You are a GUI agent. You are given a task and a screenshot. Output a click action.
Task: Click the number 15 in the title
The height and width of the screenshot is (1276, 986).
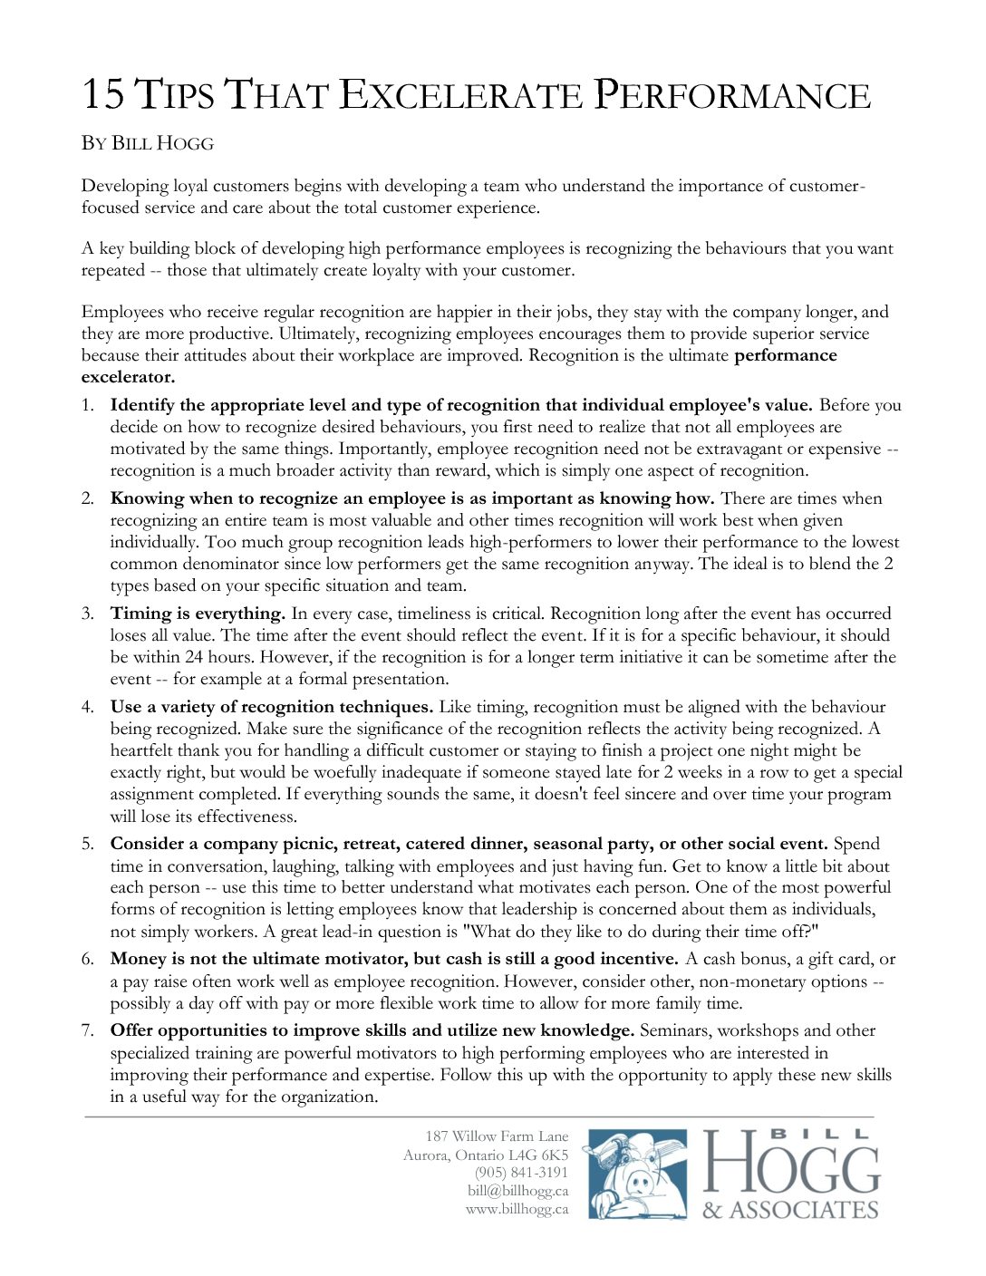click(x=102, y=95)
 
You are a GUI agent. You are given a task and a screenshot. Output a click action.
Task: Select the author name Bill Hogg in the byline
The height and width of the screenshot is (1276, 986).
click(x=162, y=143)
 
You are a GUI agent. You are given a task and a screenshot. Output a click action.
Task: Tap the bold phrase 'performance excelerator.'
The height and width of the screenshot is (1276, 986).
click(x=785, y=355)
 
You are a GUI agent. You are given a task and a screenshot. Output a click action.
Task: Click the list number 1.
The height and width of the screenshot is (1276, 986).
click(x=88, y=405)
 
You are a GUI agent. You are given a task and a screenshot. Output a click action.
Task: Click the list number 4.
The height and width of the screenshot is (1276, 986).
click(x=88, y=707)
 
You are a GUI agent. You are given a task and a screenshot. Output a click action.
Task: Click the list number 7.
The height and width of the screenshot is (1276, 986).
click(x=88, y=1030)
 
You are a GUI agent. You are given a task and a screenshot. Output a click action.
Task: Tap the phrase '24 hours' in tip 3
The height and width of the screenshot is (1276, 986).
click(x=215, y=657)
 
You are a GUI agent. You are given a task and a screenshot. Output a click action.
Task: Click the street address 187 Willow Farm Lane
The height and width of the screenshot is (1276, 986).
click(x=497, y=1136)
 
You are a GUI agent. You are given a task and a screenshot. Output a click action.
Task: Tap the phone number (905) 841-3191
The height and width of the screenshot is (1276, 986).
click(x=521, y=1173)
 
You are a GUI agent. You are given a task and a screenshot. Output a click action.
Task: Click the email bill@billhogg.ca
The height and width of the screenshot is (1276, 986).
click(x=517, y=1191)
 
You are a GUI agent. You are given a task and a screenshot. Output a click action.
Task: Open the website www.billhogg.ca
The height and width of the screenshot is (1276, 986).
click(x=517, y=1209)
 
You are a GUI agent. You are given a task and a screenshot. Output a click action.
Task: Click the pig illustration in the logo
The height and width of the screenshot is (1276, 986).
click(x=637, y=1174)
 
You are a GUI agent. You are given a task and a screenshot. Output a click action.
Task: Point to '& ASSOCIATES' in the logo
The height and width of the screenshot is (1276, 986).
click(x=790, y=1211)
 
